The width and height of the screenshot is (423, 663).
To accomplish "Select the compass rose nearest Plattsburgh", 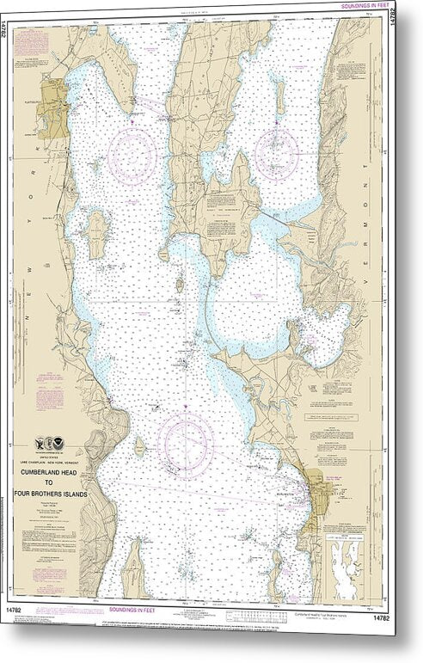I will pyautogui.click(x=132, y=154).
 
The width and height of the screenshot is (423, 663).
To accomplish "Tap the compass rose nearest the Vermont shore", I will pyautogui.click(x=276, y=154).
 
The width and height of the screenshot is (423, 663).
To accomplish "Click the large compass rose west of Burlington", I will pyautogui.click(x=186, y=443).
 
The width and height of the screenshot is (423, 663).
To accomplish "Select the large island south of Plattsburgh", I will pyautogui.click(x=97, y=233).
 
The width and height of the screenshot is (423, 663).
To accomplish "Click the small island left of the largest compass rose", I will pyautogui.click(x=139, y=446).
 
